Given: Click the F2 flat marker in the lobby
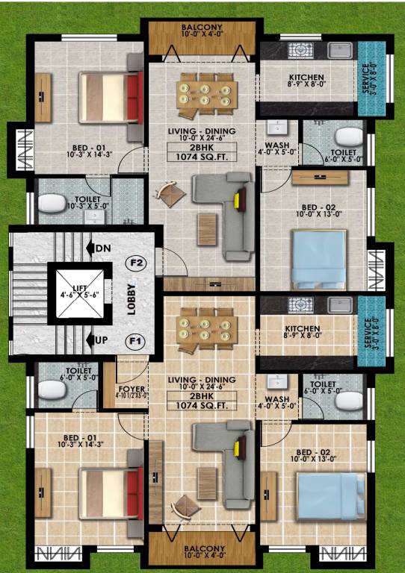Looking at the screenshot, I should pos(136,263).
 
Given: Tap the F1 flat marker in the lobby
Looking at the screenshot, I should pos(136,341).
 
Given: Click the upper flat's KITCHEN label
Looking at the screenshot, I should pos(306,78).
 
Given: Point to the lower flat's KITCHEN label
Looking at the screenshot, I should pos(303,328).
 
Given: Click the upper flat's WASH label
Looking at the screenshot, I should pos(279,146).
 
